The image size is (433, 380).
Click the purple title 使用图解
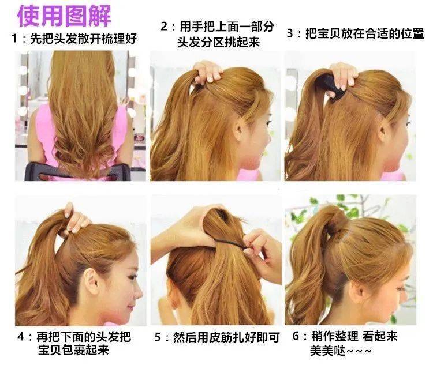click(64, 16)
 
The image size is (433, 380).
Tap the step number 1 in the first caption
click(14, 38)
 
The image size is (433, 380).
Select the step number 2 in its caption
click(164, 27)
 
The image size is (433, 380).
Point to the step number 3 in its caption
click(290, 33)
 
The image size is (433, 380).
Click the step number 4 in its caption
click(21, 337)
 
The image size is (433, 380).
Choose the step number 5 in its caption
click(158, 337)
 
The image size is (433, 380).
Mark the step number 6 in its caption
click(296, 336)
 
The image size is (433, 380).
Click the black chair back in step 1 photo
click(77, 171)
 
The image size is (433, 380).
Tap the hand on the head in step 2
click(207, 72)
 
